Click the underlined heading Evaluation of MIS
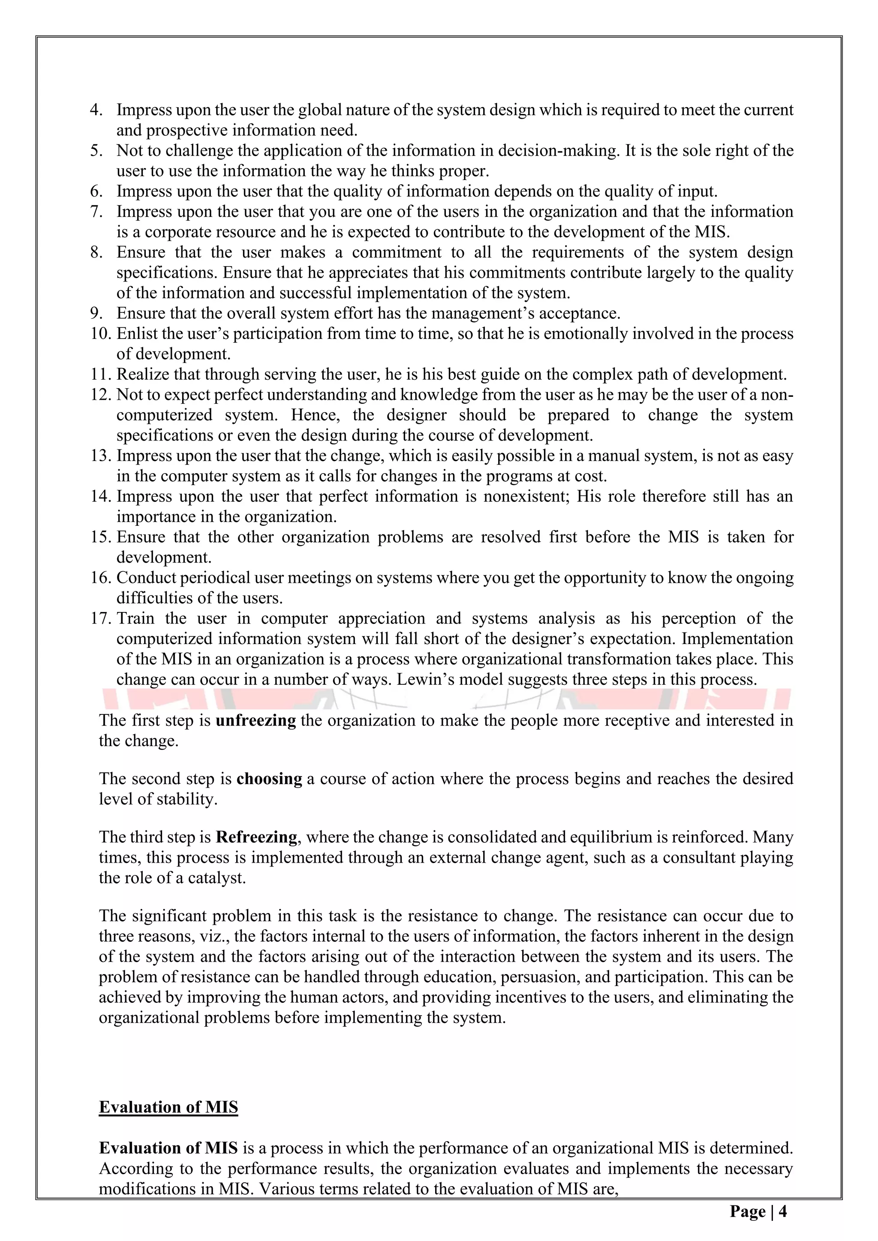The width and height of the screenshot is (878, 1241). (x=168, y=1107)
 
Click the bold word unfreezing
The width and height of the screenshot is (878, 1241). (x=255, y=720)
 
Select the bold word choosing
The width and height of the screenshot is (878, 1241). (x=269, y=779)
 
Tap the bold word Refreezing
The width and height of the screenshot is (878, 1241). (x=256, y=837)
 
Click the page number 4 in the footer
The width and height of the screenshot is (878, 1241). (x=782, y=1211)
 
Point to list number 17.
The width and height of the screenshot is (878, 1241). (x=101, y=618)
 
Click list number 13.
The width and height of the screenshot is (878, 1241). (x=101, y=456)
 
